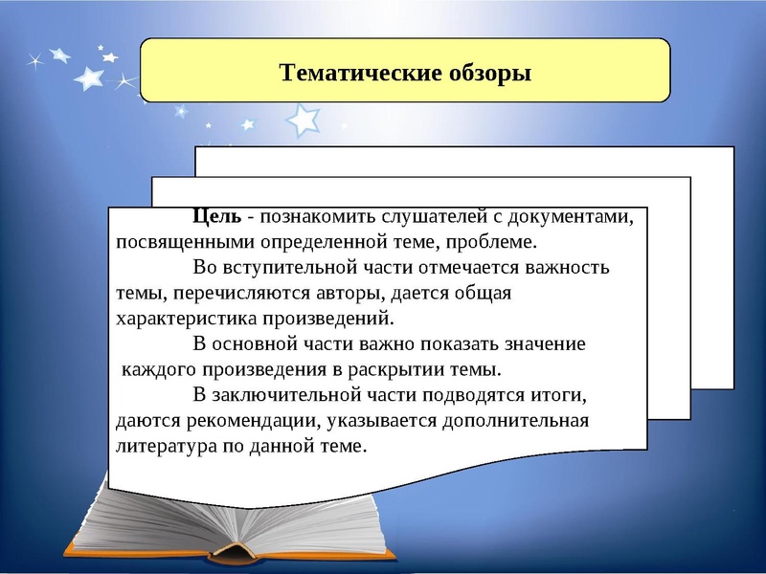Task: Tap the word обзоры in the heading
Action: pos(483,73)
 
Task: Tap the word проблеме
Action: pos(497,242)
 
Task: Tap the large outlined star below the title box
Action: pos(304,121)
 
